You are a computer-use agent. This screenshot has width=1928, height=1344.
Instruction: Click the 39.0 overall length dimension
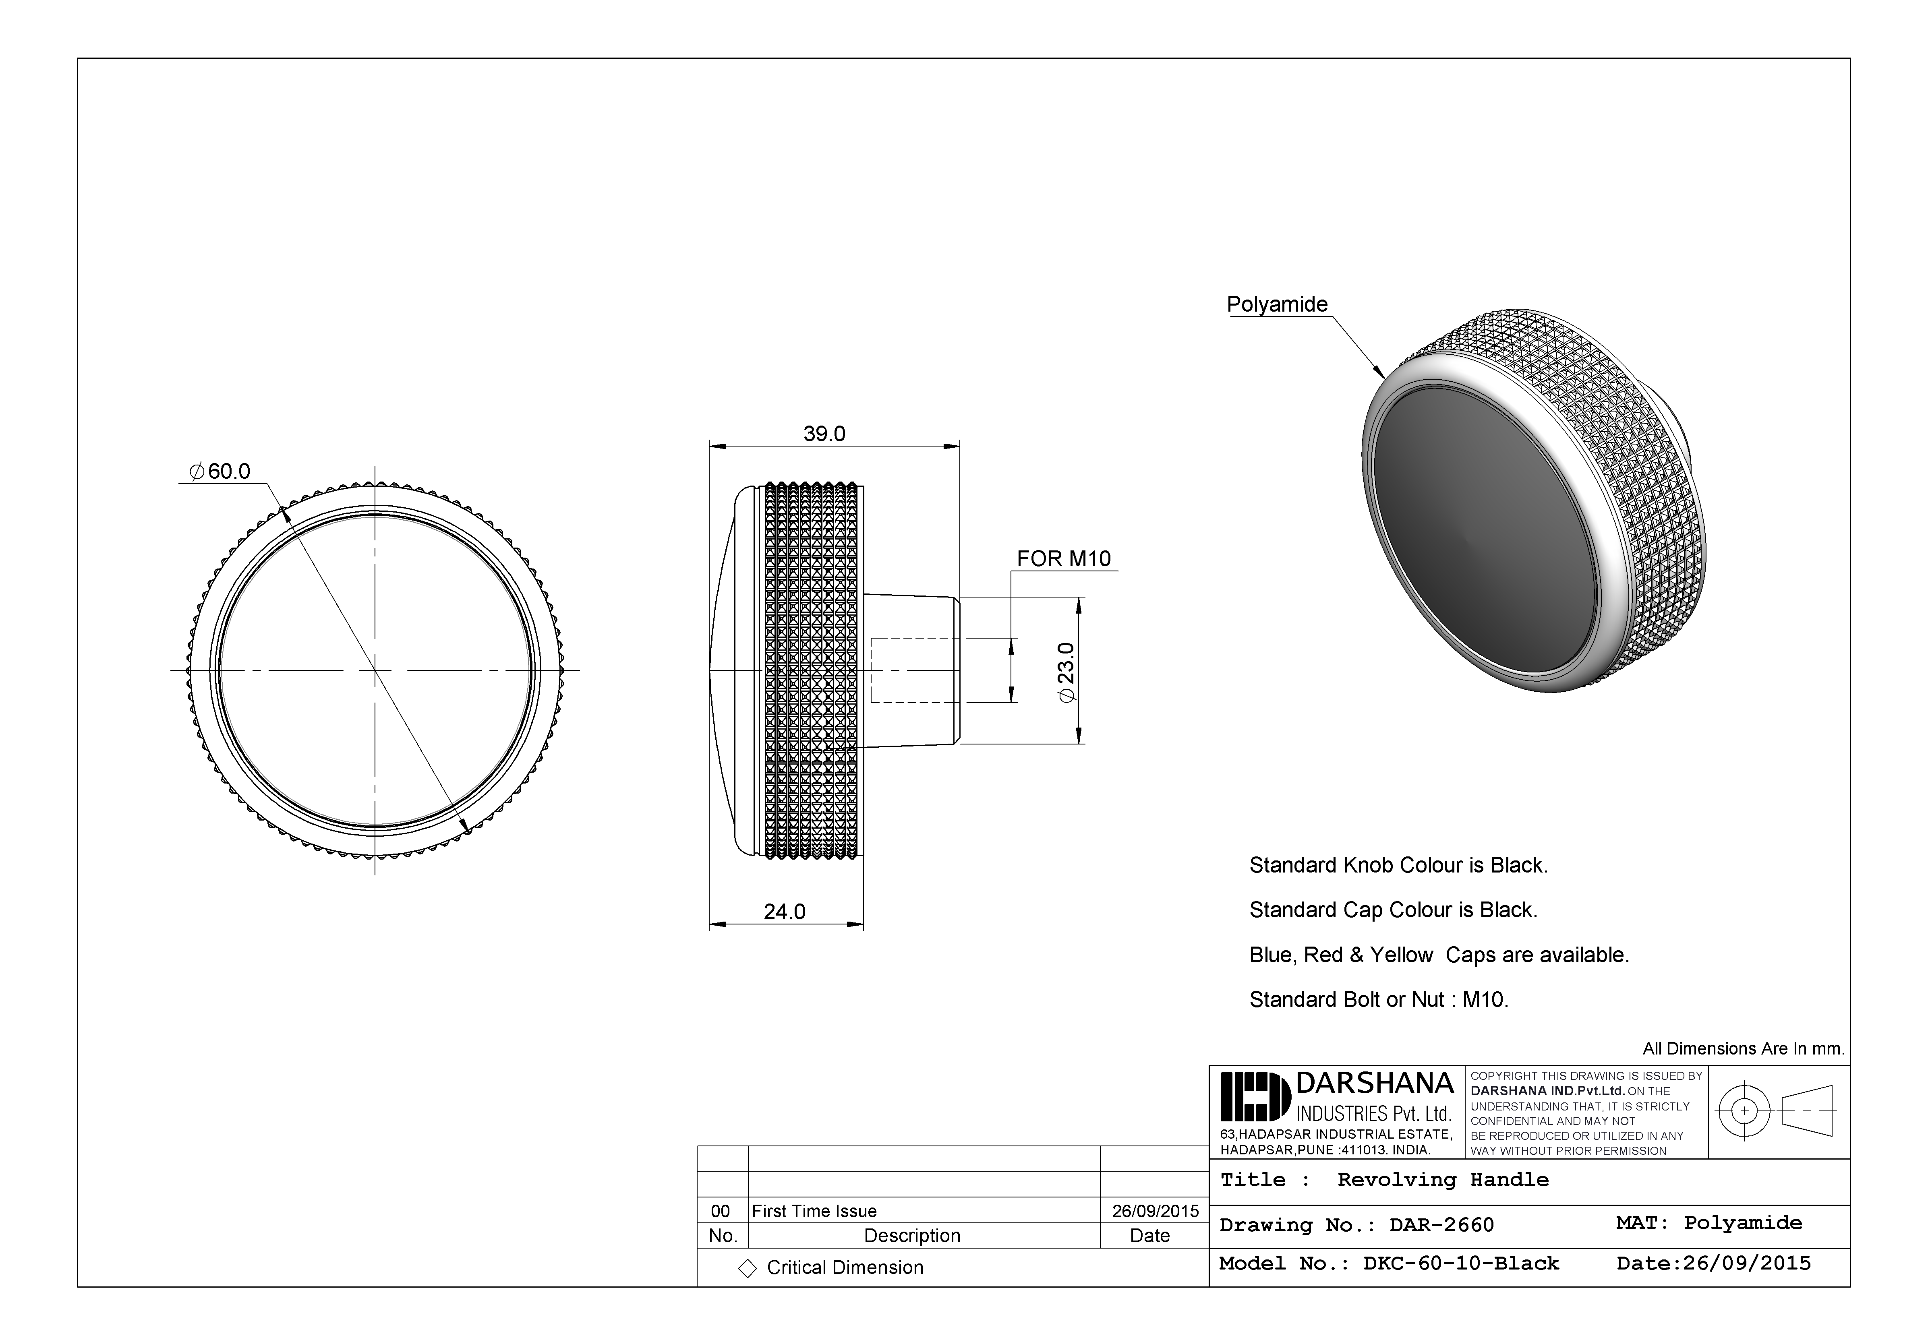tap(824, 434)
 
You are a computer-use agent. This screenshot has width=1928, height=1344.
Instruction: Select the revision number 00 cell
tap(721, 1212)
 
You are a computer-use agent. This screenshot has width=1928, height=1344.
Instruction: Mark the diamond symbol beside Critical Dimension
tap(747, 1268)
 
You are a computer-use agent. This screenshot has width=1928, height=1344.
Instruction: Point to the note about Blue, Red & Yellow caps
tap(1438, 955)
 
